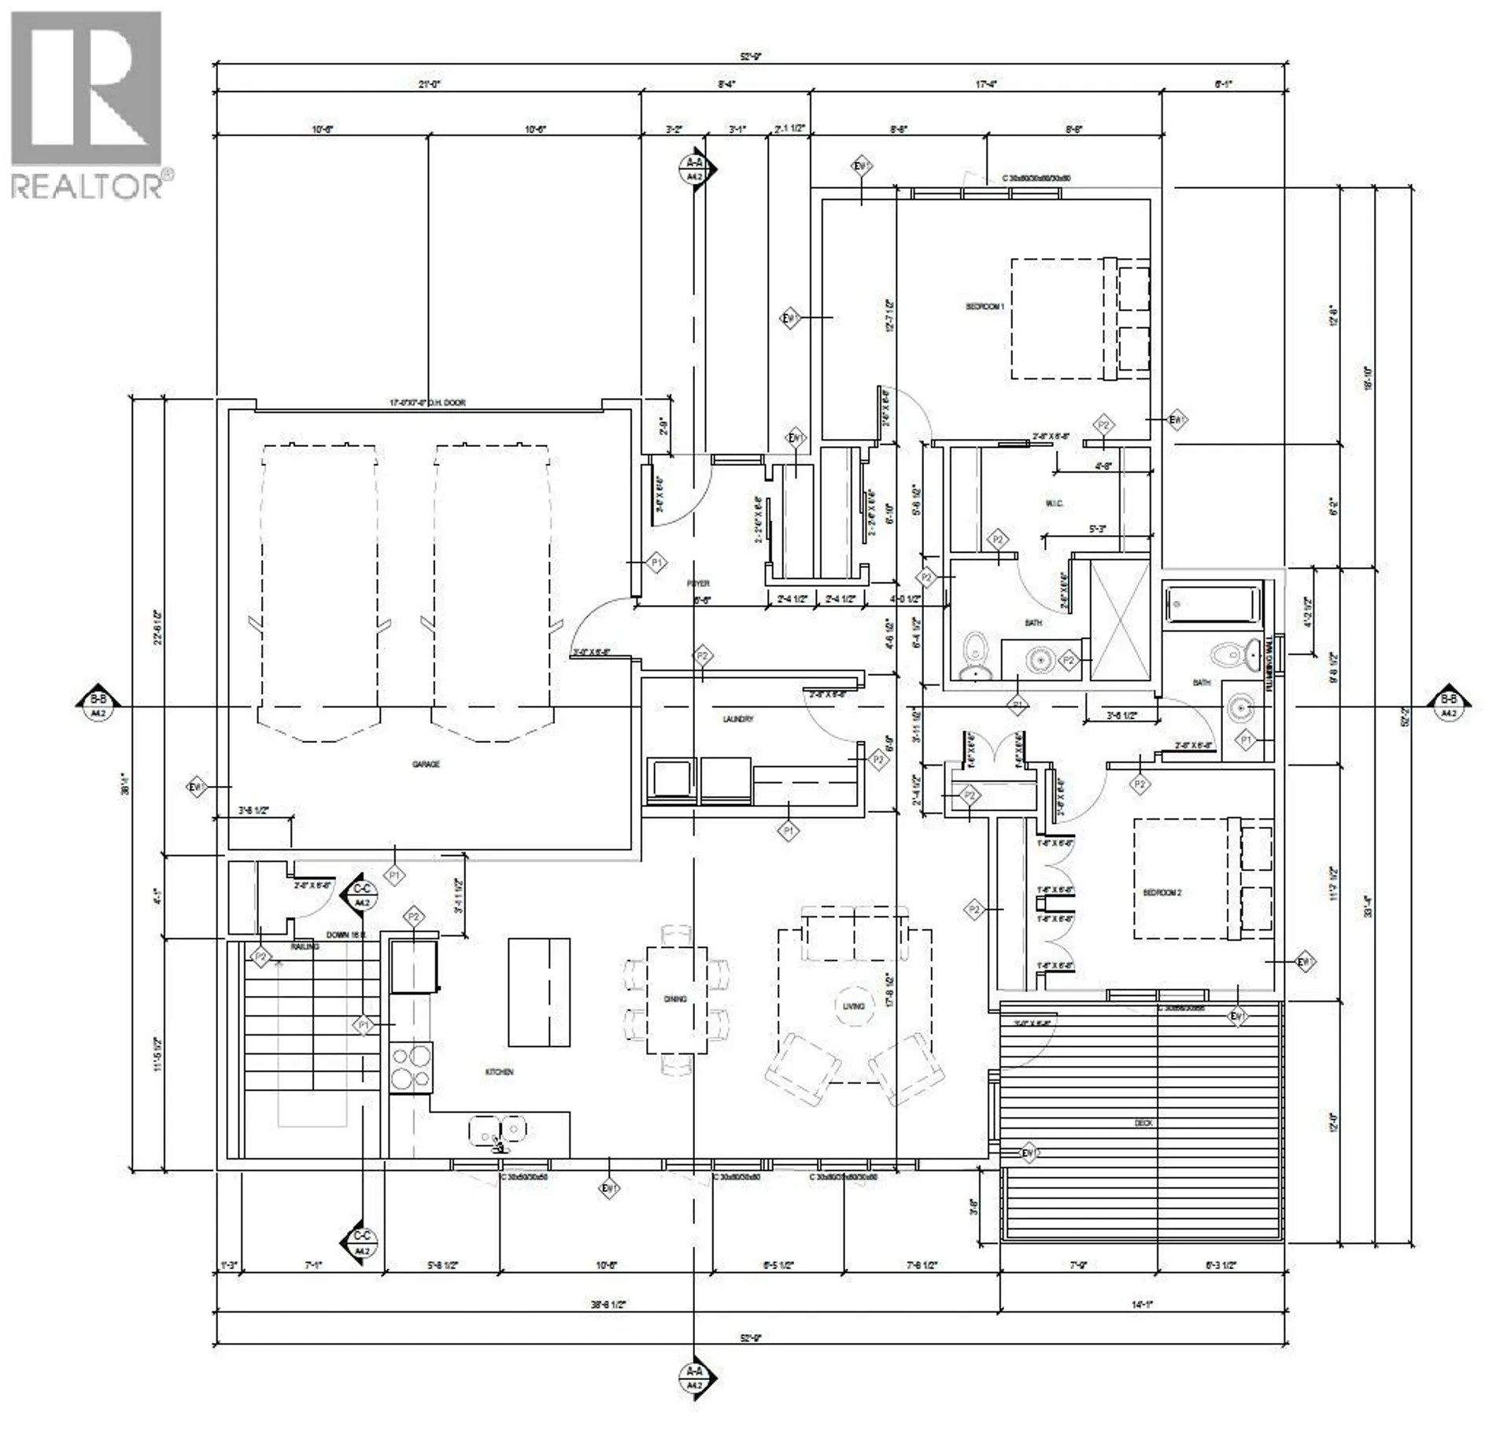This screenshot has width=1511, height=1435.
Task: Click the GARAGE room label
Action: click(426, 764)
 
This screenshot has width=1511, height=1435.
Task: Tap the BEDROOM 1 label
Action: click(985, 307)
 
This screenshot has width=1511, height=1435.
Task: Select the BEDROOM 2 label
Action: click(1162, 893)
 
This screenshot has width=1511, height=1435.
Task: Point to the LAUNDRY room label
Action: click(738, 719)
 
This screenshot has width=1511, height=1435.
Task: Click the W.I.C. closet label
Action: click(1055, 504)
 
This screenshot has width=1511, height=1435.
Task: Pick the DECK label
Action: click(1143, 1123)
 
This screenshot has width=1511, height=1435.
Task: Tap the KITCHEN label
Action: click(499, 1072)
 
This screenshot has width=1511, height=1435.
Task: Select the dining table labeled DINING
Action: click(676, 999)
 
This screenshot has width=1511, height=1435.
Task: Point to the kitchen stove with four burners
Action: click(411, 1067)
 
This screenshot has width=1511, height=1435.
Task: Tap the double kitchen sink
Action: click(498, 1131)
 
